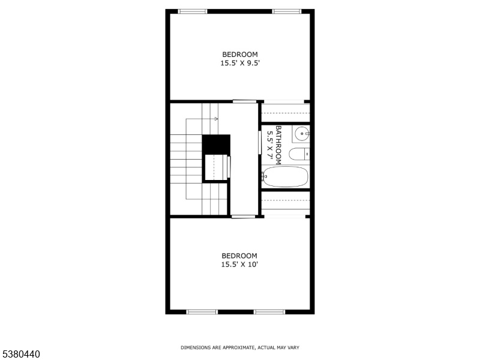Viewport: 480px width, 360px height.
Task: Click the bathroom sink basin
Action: [302, 133]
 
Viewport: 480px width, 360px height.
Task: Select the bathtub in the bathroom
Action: [285, 176]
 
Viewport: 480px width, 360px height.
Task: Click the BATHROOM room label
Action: [278, 145]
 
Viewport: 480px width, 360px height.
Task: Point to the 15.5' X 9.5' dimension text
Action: [240, 63]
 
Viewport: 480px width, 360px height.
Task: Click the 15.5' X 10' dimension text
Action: [239, 264]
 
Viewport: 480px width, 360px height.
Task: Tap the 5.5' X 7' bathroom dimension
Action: [270, 145]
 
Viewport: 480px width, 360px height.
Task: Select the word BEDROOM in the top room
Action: [240, 55]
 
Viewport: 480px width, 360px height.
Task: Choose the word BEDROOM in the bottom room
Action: [239, 256]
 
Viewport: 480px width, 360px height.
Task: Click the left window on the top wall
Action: [193, 11]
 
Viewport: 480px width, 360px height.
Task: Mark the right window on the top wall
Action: [287, 11]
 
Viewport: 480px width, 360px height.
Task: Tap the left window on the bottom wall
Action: [202, 312]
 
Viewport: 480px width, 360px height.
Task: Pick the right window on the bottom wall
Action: [269, 312]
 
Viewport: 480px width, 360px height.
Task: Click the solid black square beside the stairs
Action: [216, 145]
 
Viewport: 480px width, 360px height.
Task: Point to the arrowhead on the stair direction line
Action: [217, 119]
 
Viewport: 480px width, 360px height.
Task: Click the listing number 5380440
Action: [20, 354]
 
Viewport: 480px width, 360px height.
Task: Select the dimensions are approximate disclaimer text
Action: [240, 347]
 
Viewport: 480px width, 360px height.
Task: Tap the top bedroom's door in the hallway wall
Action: [245, 101]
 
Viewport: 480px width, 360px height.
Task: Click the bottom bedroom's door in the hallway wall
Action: [244, 217]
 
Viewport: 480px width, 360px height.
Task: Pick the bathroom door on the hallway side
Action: [260, 142]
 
